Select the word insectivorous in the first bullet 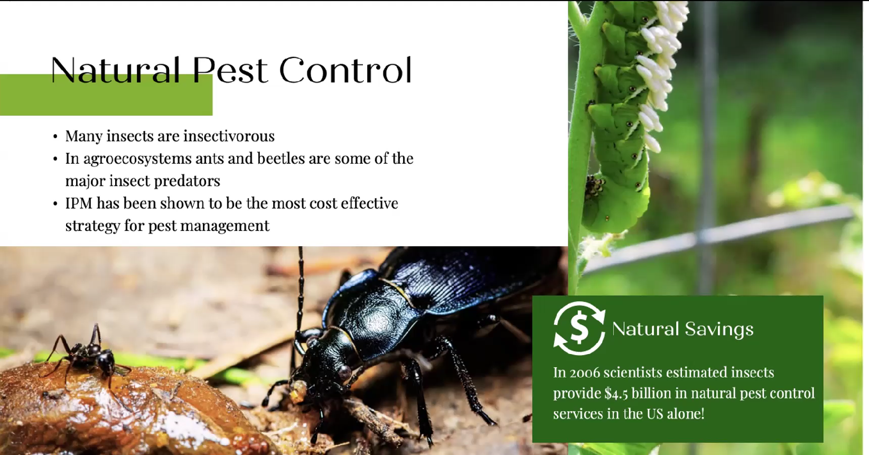229,136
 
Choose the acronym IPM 79,203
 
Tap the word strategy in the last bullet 93,226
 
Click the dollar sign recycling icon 579,329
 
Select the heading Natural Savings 683,329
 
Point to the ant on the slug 86,355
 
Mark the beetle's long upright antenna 300,291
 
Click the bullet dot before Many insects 55,137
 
